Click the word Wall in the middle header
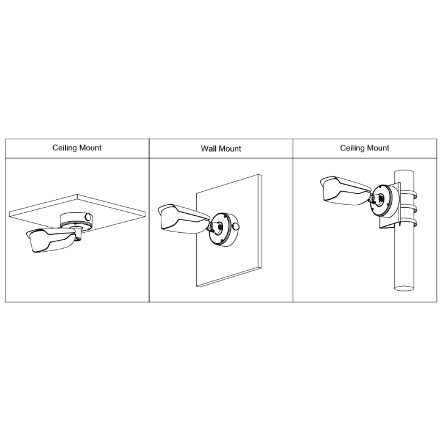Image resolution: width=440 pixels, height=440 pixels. [x=208, y=148]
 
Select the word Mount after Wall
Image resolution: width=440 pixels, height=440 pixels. [x=230, y=148]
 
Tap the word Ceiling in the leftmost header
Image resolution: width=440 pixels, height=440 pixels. [x=65, y=148]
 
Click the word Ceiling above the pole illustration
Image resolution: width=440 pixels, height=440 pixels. [x=353, y=148]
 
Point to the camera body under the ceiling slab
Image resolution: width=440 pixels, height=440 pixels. [x=51, y=240]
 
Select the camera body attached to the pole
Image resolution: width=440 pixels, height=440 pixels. [x=345, y=189]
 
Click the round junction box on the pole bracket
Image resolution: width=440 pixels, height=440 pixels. [x=384, y=200]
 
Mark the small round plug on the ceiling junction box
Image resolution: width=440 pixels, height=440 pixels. [x=88, y=217]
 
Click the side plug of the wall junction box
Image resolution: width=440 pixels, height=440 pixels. [x=237, y=226]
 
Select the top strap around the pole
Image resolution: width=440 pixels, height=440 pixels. [x=409, y=194]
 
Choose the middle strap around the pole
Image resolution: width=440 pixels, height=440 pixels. [x=409, y=209]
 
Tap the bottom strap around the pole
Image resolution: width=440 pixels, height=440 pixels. [x=409, y=223]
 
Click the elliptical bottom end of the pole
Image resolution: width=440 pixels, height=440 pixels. [x=405, y=288]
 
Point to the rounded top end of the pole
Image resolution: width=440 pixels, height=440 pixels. [x=405, y=172]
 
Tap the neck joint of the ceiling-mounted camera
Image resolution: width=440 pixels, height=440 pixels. [x=78, y=233]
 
